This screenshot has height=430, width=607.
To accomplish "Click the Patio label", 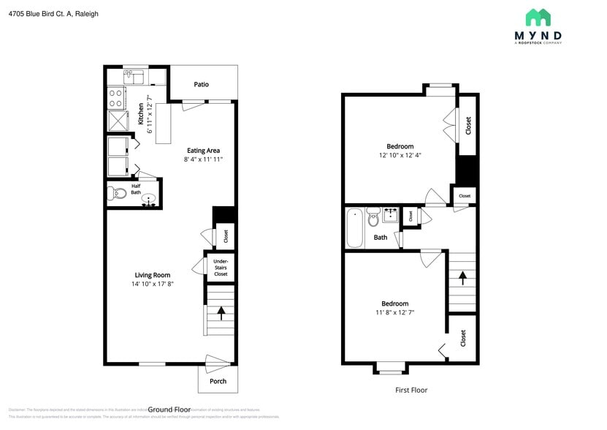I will (201, 85).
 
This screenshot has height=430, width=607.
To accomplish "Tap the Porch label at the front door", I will (218, 381).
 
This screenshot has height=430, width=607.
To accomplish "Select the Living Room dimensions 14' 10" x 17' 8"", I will (153, 284).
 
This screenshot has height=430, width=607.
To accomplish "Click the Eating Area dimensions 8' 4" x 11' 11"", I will (203, 159).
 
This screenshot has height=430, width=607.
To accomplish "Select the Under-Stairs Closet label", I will (221, 268).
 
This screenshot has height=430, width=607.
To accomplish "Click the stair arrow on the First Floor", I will (462, 278).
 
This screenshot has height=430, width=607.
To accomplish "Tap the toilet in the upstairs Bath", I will (373, 216).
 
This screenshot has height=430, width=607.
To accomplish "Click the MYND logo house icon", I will (538, 18).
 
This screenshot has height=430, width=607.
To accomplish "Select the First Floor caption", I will (411, 390).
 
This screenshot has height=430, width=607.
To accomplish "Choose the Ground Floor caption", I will (169, 410).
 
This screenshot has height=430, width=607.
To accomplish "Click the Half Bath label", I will (136, 189).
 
